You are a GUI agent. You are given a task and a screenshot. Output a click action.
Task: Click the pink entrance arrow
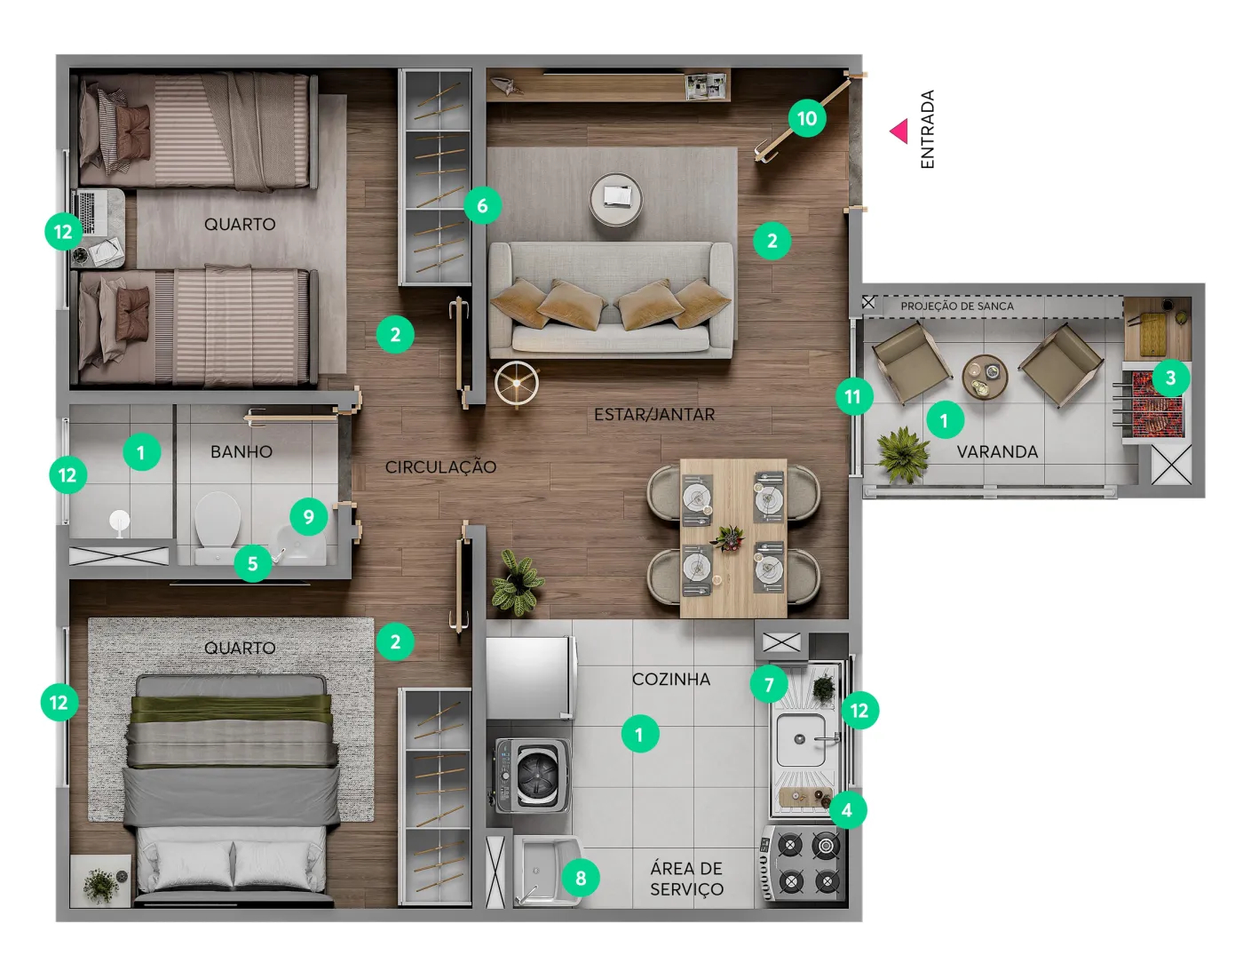[899, 131]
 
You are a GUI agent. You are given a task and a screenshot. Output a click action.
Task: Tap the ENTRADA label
[927, 130]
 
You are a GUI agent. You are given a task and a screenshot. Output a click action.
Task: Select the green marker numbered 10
[806, 118]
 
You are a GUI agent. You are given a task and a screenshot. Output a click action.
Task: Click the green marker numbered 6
[482, 205]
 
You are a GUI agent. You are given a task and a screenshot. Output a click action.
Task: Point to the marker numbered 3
[1170, 378]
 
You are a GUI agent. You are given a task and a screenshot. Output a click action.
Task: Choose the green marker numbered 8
[581, 878]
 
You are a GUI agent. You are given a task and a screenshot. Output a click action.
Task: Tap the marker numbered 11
[853, 396]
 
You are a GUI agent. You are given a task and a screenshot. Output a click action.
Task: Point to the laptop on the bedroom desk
[92, 213]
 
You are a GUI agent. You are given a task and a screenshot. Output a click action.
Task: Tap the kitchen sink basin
[802, 739]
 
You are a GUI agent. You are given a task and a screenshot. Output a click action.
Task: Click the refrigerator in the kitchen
[530, 678]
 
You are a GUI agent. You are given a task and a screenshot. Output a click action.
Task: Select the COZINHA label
[671, 680]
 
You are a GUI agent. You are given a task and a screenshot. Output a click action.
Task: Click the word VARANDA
[997, 452]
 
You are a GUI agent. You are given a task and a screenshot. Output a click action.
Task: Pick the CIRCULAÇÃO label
[440, 467]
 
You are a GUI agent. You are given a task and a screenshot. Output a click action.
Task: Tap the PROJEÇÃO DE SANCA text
[957, 306]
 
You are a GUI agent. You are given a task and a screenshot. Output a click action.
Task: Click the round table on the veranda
[985, 376]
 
